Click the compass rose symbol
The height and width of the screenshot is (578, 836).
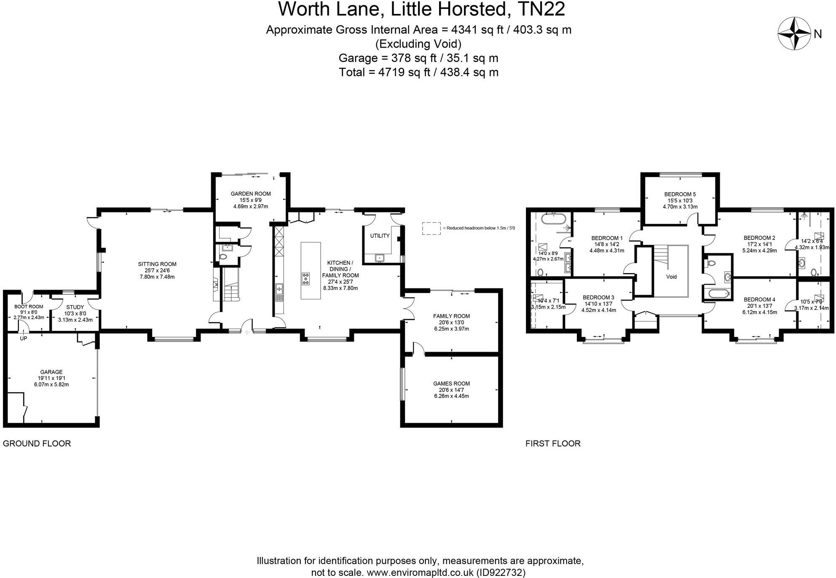click(794, 33)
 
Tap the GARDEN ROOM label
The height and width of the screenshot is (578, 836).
click(250, 194)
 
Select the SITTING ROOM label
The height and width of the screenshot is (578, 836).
click(157, 264)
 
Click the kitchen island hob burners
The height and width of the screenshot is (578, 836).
click(305, 279)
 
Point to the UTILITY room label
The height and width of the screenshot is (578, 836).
click(380, 236)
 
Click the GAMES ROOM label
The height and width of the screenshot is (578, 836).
click(451, 384)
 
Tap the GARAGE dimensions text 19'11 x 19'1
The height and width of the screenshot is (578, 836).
click(51, 378)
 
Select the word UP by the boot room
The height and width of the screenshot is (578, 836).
click(24, 338)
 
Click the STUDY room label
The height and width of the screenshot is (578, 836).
click(75, 307)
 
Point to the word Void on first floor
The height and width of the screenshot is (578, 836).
click(671, 277)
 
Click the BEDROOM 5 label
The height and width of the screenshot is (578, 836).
click(680, 194)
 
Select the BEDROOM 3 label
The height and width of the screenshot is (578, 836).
click(598, 298)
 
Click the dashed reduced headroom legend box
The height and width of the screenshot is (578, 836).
click(431, 228)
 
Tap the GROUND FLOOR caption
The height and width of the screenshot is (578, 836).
click(37, 444)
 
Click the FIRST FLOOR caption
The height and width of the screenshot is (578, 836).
click(553, 444)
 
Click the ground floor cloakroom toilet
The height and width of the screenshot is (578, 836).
click(223, 256)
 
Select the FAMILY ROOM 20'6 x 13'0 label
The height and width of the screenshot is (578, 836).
click(451, 316)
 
